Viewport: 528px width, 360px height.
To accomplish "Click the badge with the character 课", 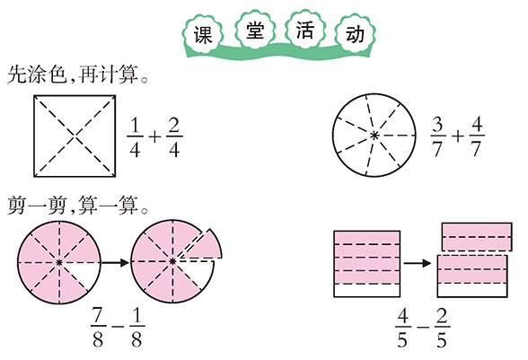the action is click(203, 34).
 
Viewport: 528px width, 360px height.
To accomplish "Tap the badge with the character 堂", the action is click(255, 31).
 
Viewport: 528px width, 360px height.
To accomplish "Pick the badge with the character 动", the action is click(355, 34).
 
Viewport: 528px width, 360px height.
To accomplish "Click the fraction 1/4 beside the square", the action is click(135, 138).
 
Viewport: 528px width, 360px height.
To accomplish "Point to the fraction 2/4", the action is click(174, 138).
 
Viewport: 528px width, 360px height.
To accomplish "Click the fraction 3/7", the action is click(438, 137).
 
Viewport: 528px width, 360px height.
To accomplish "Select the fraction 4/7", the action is click(477, 136).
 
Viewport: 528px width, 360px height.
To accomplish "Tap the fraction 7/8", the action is click(98, 328).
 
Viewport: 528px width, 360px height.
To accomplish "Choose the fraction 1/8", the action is click(136, 328).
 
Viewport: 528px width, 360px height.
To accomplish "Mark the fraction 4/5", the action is click(403, 328).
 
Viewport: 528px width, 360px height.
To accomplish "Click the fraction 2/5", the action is click(442, 328).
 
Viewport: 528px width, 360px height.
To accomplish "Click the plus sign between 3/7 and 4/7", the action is click(457, 136).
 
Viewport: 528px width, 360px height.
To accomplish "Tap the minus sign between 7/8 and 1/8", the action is click(118, 327).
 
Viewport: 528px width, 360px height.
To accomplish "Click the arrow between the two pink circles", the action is click(115, 262).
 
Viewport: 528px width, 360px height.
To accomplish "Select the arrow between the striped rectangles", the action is click(418, 263).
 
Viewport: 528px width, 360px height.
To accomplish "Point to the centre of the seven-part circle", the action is click(374, 136).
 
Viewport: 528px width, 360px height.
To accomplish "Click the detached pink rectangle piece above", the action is click(477, 237).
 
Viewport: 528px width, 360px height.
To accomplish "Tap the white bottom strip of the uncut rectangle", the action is click(366, 290).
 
